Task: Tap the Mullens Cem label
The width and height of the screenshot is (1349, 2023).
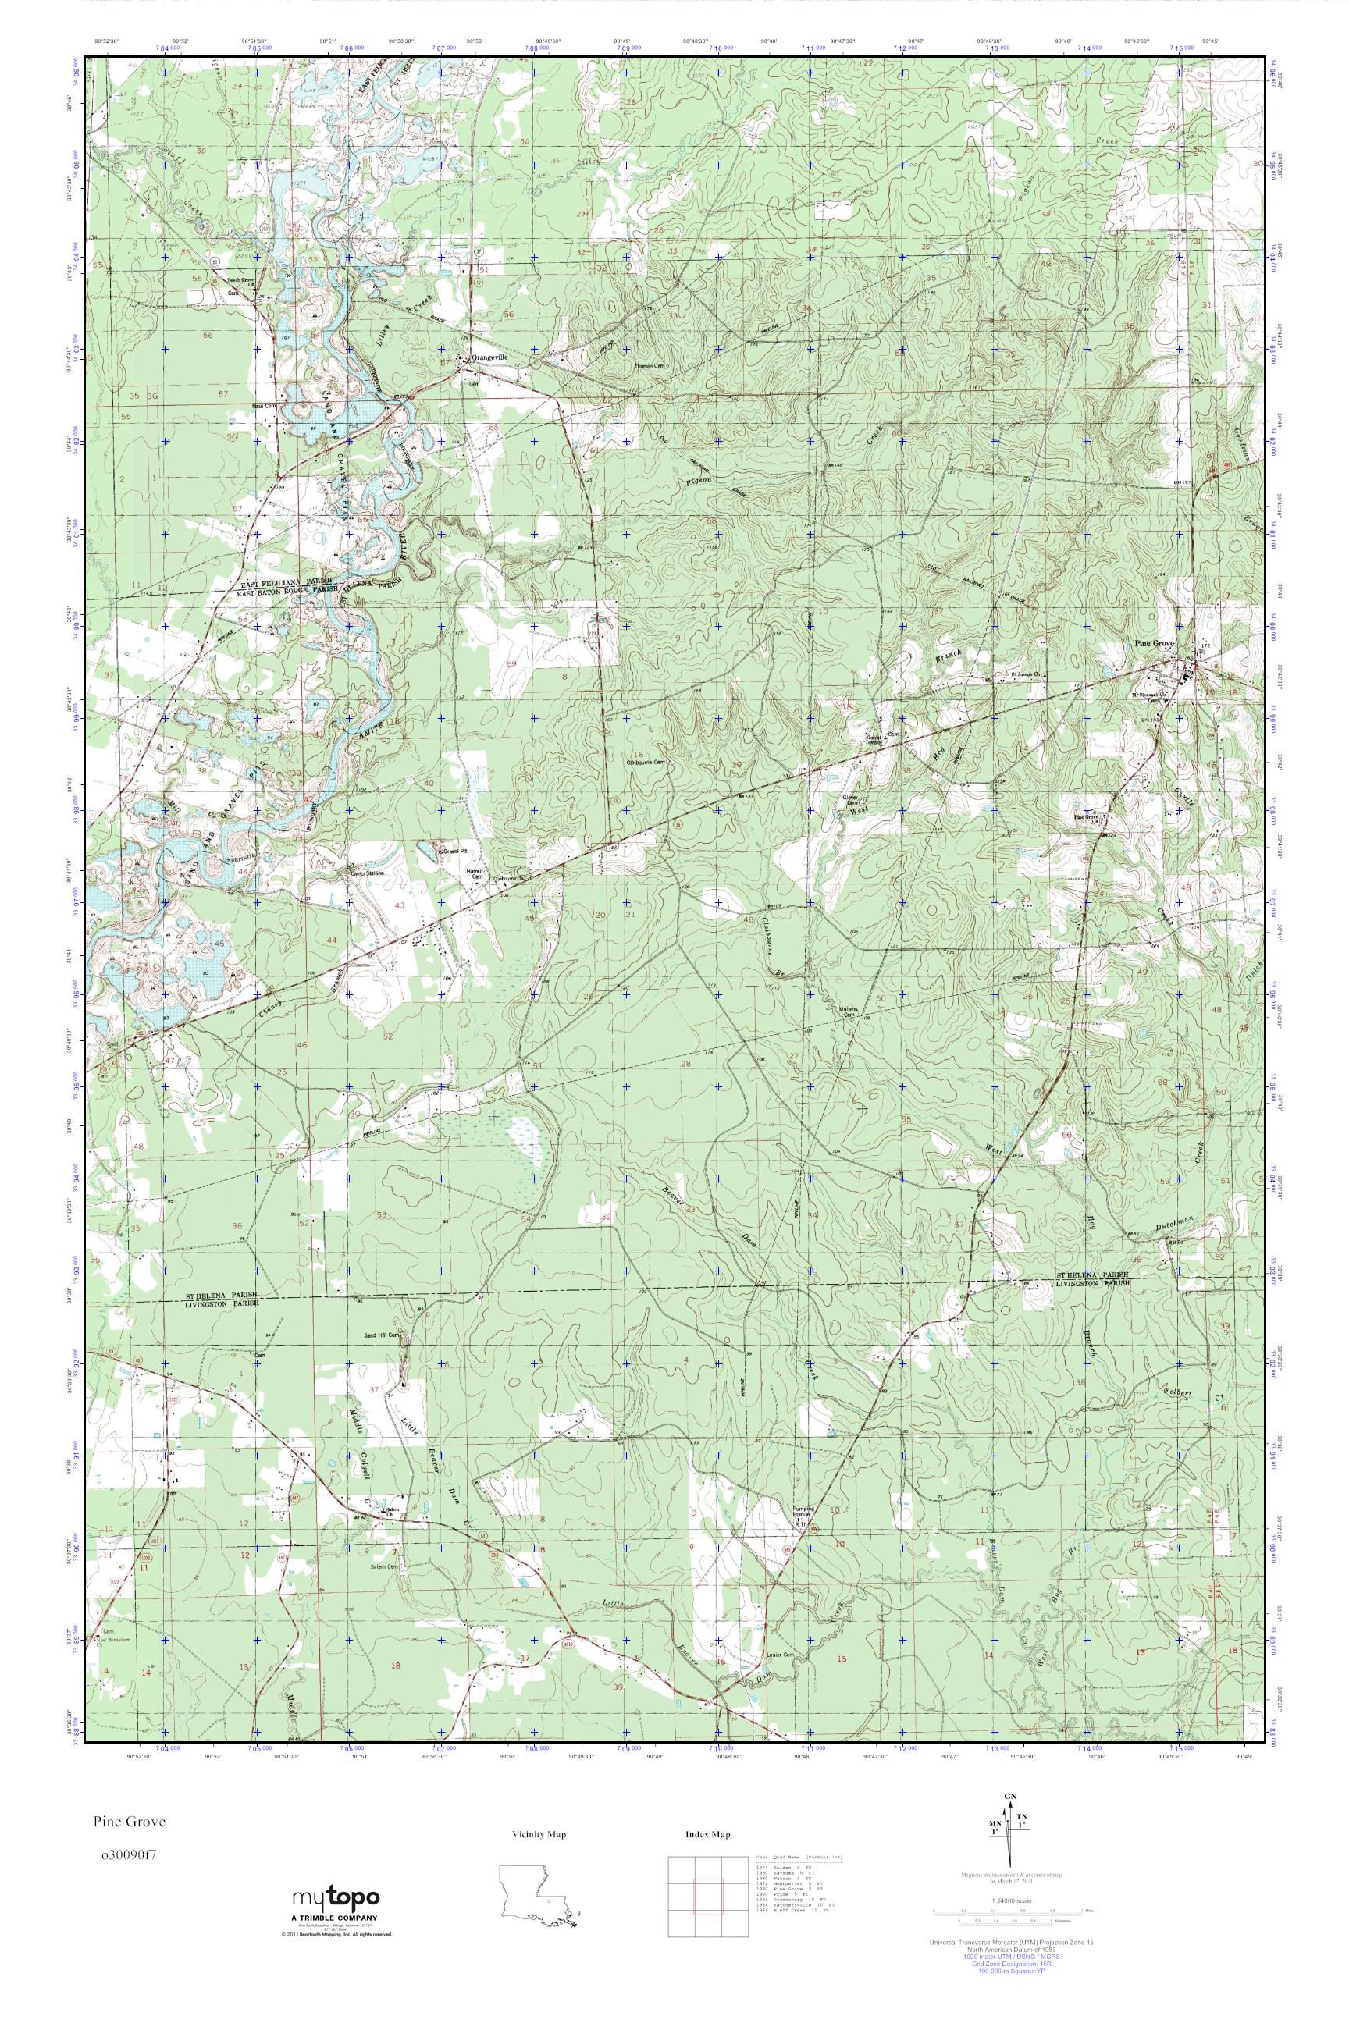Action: click(x=849, y=1012)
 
